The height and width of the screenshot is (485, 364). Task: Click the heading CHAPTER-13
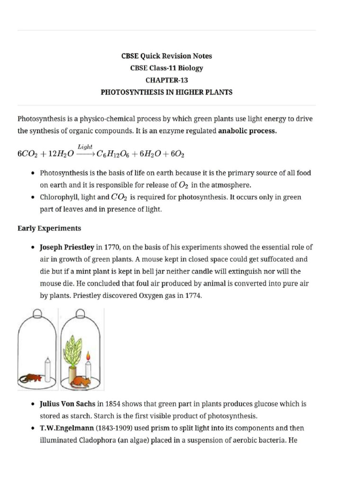click(x=166, y=80)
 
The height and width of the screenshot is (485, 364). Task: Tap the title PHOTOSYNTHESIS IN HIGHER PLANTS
click(x=166, y=92)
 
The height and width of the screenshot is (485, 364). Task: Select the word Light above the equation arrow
click(x=85, y=147)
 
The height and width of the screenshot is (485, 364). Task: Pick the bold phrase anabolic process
click(x=247, y=131)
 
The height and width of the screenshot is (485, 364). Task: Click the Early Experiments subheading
click(x=49, y=228)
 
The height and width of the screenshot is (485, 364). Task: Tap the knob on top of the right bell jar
click(x=80, y=313)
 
